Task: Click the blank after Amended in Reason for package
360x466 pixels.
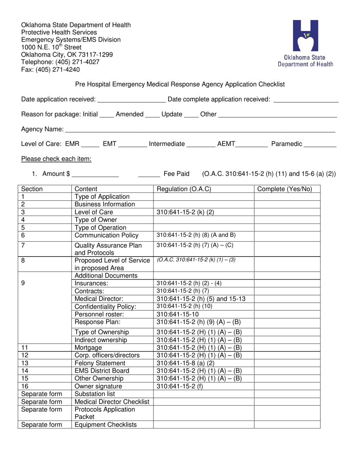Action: click(x=151, y=115)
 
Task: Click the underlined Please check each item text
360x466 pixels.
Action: click(x=56, y=159)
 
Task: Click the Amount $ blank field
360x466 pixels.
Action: click(x=95, y=174)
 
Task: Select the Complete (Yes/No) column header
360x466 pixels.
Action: click(x=285, y=189)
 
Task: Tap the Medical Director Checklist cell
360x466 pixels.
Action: click(x=112, y=402)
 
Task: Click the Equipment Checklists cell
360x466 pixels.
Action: click(x=105, y=425)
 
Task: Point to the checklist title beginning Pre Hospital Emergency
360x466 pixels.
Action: click(x=180, y=84)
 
